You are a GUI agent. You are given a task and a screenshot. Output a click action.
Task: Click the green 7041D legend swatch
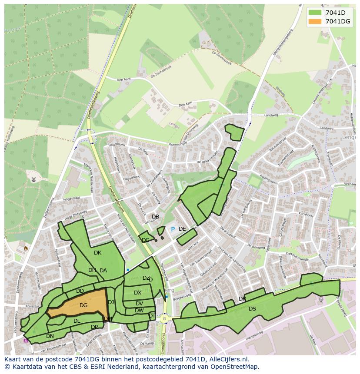pyautogui.click(x=316, y=13)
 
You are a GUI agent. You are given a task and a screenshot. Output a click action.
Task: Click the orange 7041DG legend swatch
pyautogui.click(x=316, y=21)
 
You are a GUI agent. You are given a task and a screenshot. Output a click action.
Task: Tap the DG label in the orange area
pyautogui.click(x=83, y=305)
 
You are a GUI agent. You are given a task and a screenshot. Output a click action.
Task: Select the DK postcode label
pyautogui.click(x=97, y=253)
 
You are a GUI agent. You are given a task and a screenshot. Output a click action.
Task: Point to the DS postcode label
pyautogui.click(x=252, y=309)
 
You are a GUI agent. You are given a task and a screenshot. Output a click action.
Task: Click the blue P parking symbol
pyautogui.click(x=173, y=229)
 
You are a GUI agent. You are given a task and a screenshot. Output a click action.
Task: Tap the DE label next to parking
pyautogui.click(x=182, y=229)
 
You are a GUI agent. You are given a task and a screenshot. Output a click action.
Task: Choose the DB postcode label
pyautogui.click(x=155, y=217)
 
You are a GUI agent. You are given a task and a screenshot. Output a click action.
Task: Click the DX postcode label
pyautogui.click(x=137, y=293)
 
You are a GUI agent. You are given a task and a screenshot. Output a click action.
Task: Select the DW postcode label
pyautogui.click(x=139, y=311)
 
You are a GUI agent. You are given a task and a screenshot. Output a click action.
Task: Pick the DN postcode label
pyautogui.click(x=50, y=336)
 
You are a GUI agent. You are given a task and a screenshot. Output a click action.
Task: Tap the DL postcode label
pyautogui.click(x=77, y=321)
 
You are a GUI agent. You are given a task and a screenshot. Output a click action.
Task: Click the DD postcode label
pyautogui.click(x=80, y=291)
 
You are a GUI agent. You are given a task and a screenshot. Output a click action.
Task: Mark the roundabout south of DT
pyautogui.click(x=165, y=318)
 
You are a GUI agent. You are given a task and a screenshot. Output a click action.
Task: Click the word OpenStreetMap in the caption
pyautogui.click(x=235, y=367)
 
